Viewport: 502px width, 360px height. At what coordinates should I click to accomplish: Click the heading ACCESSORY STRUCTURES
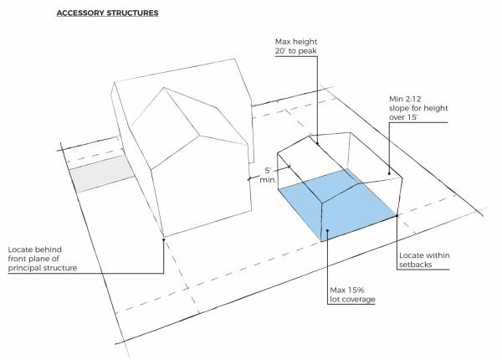tap(108, 13)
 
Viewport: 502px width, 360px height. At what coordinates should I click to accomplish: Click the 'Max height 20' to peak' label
tap(296, 46)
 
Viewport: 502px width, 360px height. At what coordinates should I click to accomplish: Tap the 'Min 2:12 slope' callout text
tap(418, 108)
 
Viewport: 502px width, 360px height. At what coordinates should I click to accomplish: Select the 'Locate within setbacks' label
tap(424, 260)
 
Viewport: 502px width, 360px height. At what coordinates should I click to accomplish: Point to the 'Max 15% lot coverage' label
tap(352, 295)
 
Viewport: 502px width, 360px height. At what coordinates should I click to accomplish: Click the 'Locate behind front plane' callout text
tap(43, 259)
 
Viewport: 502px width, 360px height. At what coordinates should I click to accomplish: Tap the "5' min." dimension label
tap(268, 175)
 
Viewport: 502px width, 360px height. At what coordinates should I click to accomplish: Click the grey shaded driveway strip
tap(102, 173)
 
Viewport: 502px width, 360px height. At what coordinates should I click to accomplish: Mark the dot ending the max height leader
tap(318, 144)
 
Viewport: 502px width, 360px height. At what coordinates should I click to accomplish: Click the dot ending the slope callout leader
tap(389, 173)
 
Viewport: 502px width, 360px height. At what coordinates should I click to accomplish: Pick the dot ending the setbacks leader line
tap(397, 216)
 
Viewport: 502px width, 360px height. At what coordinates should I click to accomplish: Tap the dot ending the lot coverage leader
tap(327, 230)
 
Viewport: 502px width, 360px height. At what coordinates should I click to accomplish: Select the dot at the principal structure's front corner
tap(164, 239)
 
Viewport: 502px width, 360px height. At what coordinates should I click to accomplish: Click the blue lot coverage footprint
tap(336, 205)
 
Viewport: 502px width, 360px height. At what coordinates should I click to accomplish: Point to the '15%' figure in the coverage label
tap(356, 291)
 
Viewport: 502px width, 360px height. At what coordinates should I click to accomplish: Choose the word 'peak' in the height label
tap(307, 51)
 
